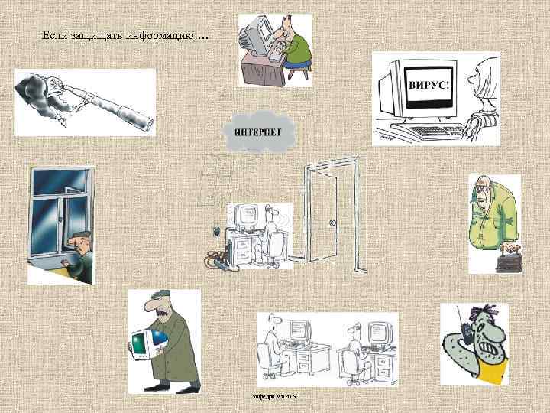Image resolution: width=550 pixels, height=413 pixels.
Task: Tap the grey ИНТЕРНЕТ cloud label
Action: click(x=257, y=131)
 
